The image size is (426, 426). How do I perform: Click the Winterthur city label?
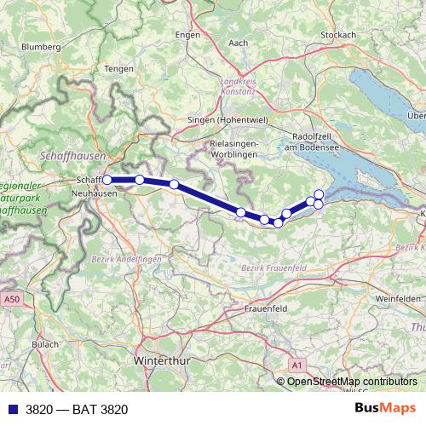point(163,360)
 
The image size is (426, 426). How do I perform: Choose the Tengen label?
point(118,68)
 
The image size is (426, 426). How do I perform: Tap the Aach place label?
point(239,42)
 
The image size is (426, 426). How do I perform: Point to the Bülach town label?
point(44,343)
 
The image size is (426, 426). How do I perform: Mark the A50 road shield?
point(10,300)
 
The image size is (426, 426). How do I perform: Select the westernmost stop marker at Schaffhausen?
point(107,180)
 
